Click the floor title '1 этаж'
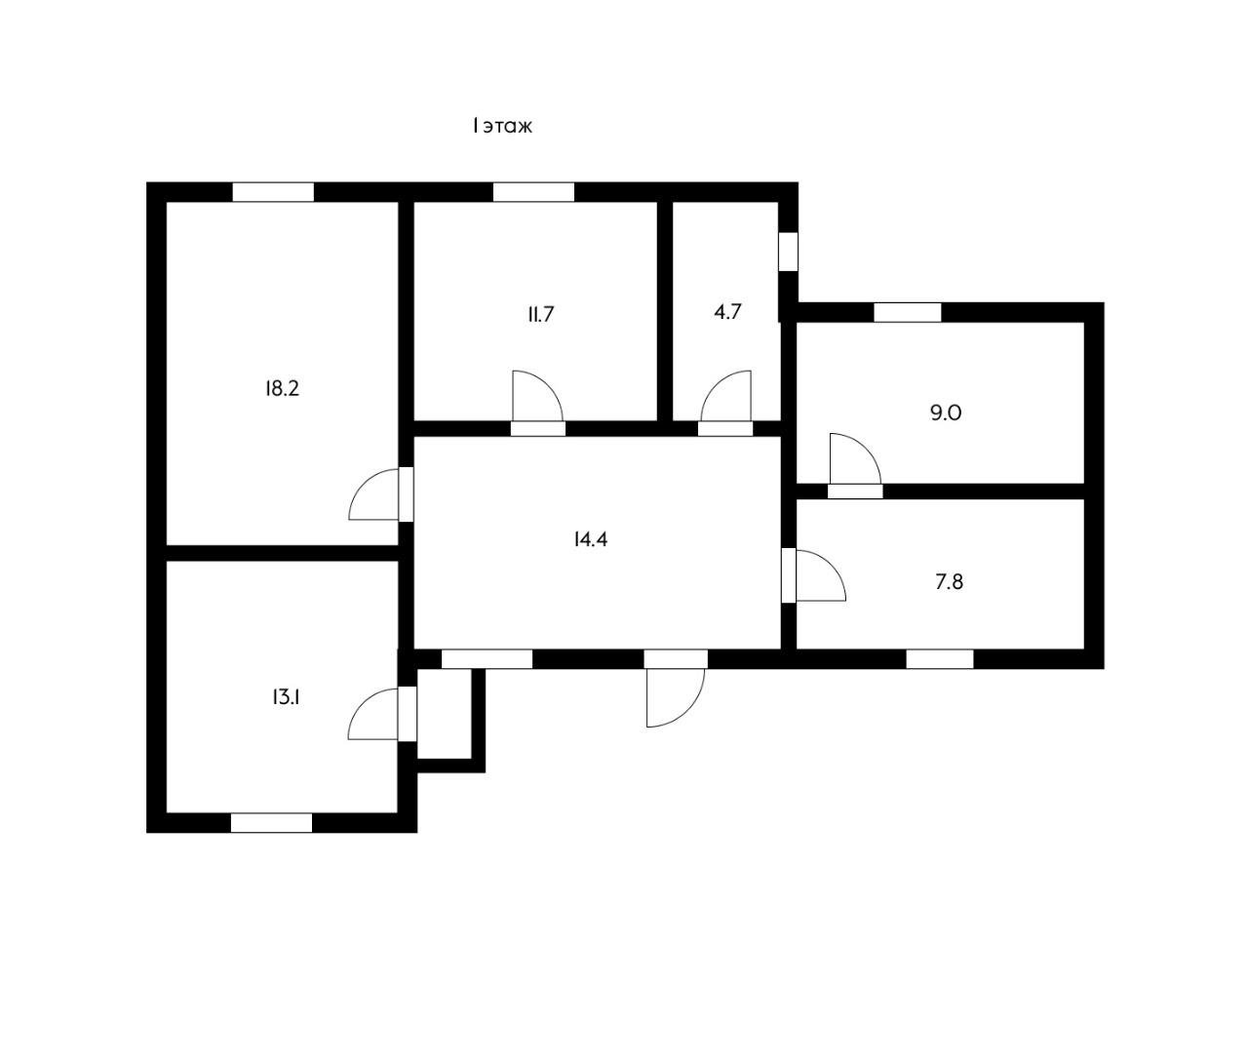(502, 126)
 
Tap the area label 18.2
(282, 388)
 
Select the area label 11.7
(541, 314)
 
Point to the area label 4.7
(728, 313)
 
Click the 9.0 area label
(946, 413)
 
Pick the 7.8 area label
(949, 582)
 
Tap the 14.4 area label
(591, 538)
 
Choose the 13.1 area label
(285, 697)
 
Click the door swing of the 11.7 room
(534, 398)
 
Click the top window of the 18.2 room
(273, 192)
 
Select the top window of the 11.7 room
(533, 192)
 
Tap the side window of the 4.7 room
(788, 251)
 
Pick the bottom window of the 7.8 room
(940, 659)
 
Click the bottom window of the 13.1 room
(271, 823)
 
